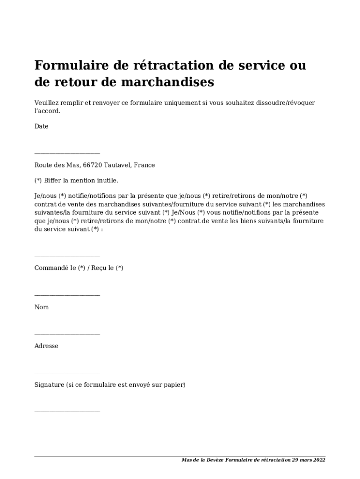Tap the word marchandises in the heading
[x=168, y=82]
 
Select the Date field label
[x=42, y=126]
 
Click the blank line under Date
[x=67, y=153]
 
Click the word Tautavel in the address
[x=118, y=165]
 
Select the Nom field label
[x=42, y=307]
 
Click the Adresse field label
[x=46, y=346]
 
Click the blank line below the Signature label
[x=67, y=412]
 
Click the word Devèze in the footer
[x=214, y=460]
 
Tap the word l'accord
[x=47, y=111]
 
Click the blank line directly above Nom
[x=67, y=295]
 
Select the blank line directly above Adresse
[x=67, y=334]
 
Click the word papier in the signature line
[x=175, y=385]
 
